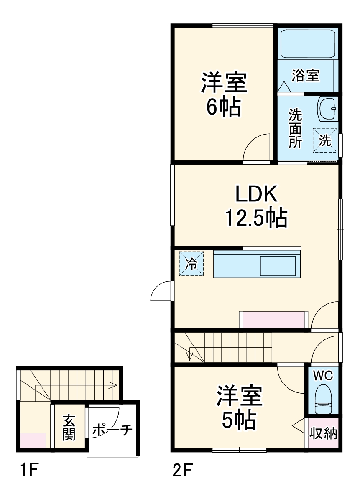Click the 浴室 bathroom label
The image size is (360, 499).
point(306,76)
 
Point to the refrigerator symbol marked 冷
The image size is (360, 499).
point(191,264)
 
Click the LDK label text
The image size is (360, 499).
point(256,194)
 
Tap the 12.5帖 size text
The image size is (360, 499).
point(256,217)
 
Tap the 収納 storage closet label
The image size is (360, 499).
point(323,434)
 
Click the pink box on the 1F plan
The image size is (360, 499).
point(33,440)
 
